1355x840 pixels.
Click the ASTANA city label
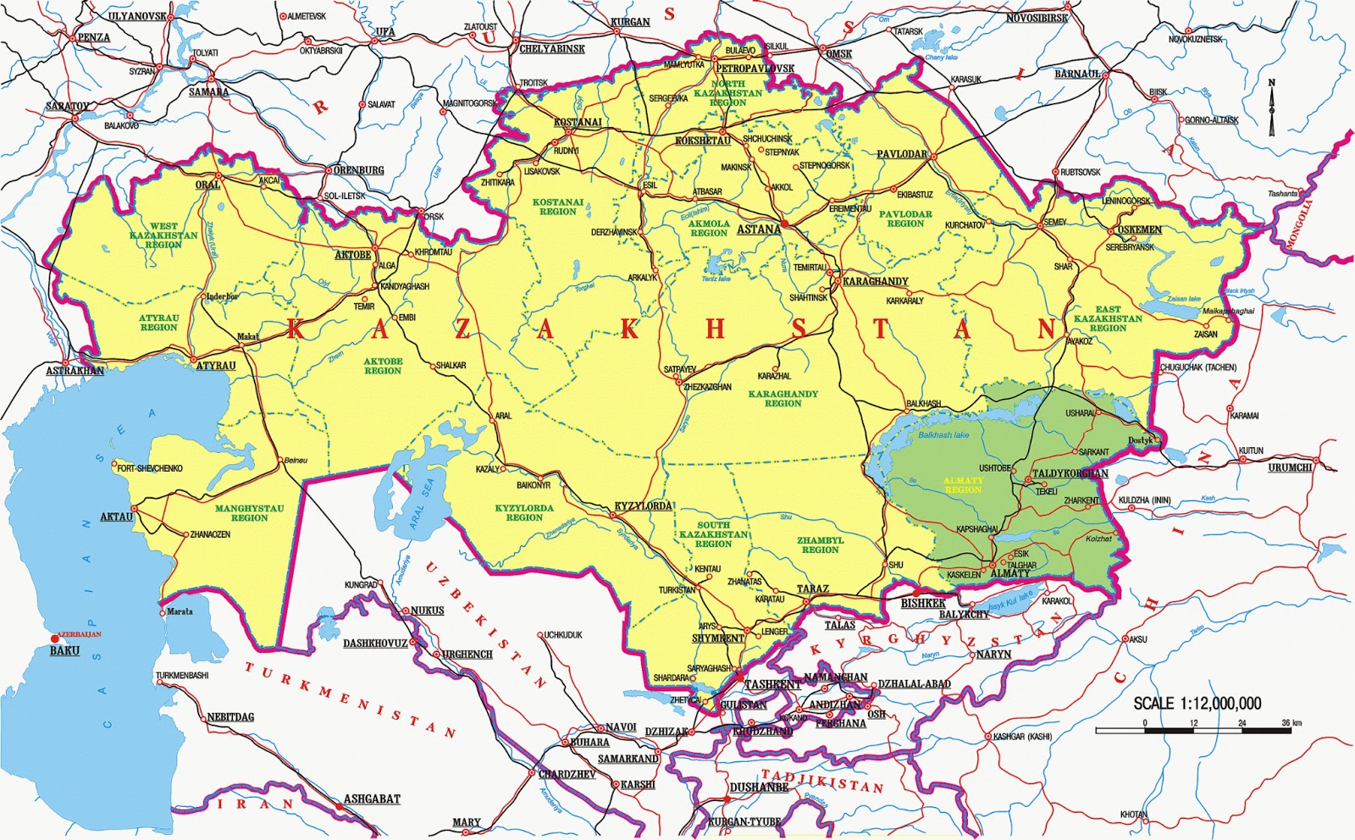759,229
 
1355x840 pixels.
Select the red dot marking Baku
55,638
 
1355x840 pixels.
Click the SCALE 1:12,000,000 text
1197,703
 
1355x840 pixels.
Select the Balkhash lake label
943,435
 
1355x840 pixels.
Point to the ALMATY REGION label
963,485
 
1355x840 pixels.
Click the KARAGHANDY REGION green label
783,398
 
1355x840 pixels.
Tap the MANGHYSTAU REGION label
249,513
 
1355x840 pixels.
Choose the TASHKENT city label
772,684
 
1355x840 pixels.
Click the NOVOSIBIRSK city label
1037,18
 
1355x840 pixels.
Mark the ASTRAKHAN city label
75,371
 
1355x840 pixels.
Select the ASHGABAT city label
371,799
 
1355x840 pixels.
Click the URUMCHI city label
1290,467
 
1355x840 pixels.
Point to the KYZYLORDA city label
643,506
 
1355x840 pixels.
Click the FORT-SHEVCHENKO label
150,468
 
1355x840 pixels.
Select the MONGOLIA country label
1298,224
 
